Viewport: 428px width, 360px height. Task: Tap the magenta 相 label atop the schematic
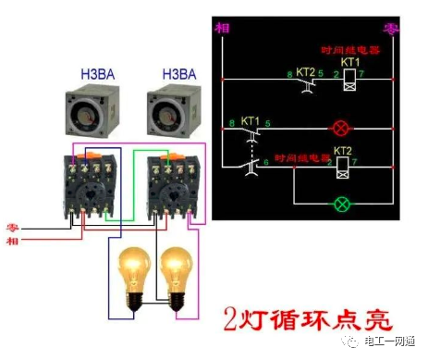[x=222, y=29]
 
